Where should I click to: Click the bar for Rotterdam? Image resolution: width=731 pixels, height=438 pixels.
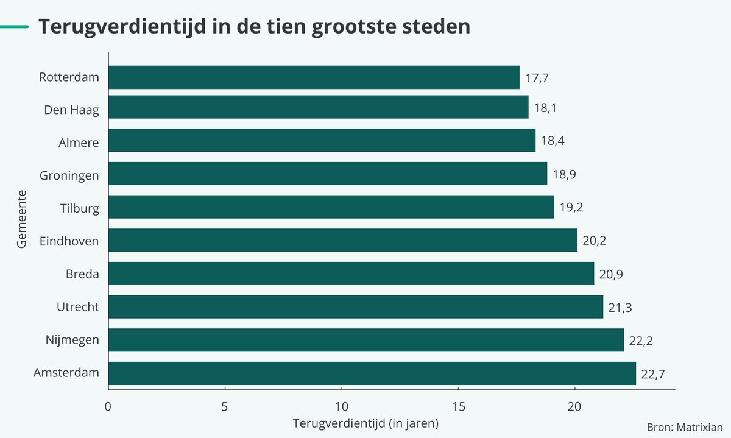tap(314, 77)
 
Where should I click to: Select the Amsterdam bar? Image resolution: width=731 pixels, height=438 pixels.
tap(372, 373)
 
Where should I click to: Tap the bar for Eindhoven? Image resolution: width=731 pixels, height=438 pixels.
tap(343, 240)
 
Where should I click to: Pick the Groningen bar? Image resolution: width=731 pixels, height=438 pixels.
tap(328, 174)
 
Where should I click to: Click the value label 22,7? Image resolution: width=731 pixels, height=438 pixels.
tap(653, 374)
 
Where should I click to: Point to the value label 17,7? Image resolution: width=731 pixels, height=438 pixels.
tap(537, 78)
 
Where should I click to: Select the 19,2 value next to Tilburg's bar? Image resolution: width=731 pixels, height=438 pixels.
tap(571, 207)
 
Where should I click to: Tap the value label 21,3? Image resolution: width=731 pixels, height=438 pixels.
tap(620, 308)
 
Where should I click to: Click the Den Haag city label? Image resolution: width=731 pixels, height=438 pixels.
tap(71, 110)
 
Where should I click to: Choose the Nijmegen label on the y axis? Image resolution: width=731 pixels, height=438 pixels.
tap(72, 340)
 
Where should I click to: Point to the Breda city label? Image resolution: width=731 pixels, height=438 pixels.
tap(82, 274)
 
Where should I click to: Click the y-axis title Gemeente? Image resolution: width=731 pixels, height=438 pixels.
tap(23, 219)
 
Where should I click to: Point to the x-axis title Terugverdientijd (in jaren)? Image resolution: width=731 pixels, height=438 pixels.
tap(365, 423)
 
